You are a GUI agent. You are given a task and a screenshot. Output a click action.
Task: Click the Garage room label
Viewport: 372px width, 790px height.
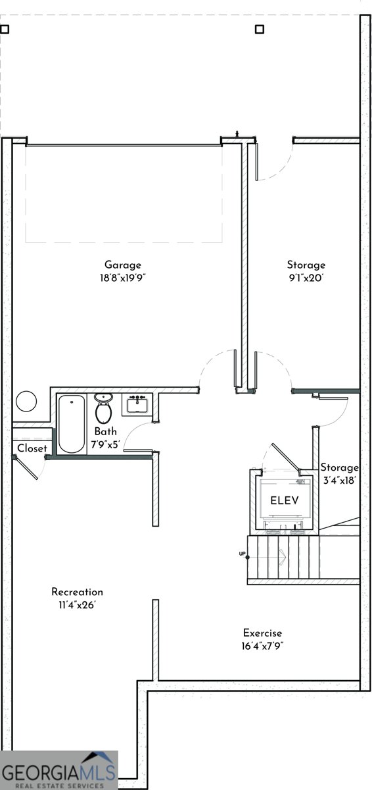[123, 265]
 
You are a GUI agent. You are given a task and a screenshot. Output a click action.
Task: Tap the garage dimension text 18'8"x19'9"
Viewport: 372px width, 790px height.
[123, 278]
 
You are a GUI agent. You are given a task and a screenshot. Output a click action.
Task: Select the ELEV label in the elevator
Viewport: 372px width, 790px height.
[285, 500]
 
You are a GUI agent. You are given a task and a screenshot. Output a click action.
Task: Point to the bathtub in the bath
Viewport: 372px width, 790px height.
[70, 424]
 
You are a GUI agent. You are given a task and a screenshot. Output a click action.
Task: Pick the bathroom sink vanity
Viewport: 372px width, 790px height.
[137, 404]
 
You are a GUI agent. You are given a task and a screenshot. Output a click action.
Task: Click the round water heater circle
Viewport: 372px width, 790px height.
[28, 401]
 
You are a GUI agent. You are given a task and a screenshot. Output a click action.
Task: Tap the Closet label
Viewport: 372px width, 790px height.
[32, 448]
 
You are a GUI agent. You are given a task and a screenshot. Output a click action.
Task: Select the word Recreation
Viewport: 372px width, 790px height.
[78, 592]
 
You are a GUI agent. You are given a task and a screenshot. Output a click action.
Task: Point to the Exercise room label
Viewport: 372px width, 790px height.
[262, 633]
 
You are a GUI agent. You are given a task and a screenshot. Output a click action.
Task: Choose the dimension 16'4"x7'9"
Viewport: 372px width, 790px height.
[262, 646]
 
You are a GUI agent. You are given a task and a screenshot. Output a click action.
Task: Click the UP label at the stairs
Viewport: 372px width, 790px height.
[242, 554]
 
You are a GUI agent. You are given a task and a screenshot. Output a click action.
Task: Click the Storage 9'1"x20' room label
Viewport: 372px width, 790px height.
[306, 265]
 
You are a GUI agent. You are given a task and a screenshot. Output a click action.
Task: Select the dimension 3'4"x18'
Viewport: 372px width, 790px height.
[339, 480]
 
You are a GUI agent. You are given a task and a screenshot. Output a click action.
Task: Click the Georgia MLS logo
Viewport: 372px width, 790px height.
[59, 770]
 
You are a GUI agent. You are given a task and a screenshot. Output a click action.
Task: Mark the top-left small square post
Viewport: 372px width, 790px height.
[5, 29]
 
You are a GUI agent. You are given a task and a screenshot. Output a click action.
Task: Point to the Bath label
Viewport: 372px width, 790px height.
[105, 432]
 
